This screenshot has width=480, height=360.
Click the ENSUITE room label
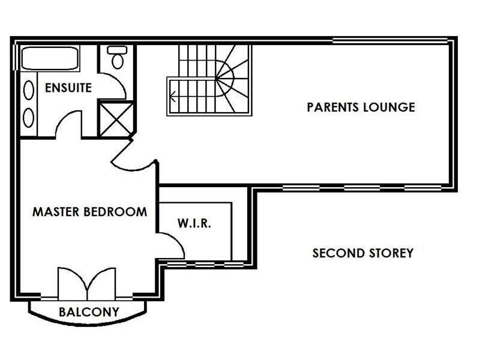tap(68, 88)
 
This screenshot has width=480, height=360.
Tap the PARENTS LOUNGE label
tap(361, 107)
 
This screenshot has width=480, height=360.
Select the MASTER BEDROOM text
tap(89, 212)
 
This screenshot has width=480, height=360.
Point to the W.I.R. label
tap(194, 223)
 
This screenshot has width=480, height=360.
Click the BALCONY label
tap(88, 312)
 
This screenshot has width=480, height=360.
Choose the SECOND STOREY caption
tap(362, 253)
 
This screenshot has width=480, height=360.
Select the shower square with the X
tap(115, 118)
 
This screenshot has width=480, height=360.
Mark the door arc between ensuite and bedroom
tap(67, 124)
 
